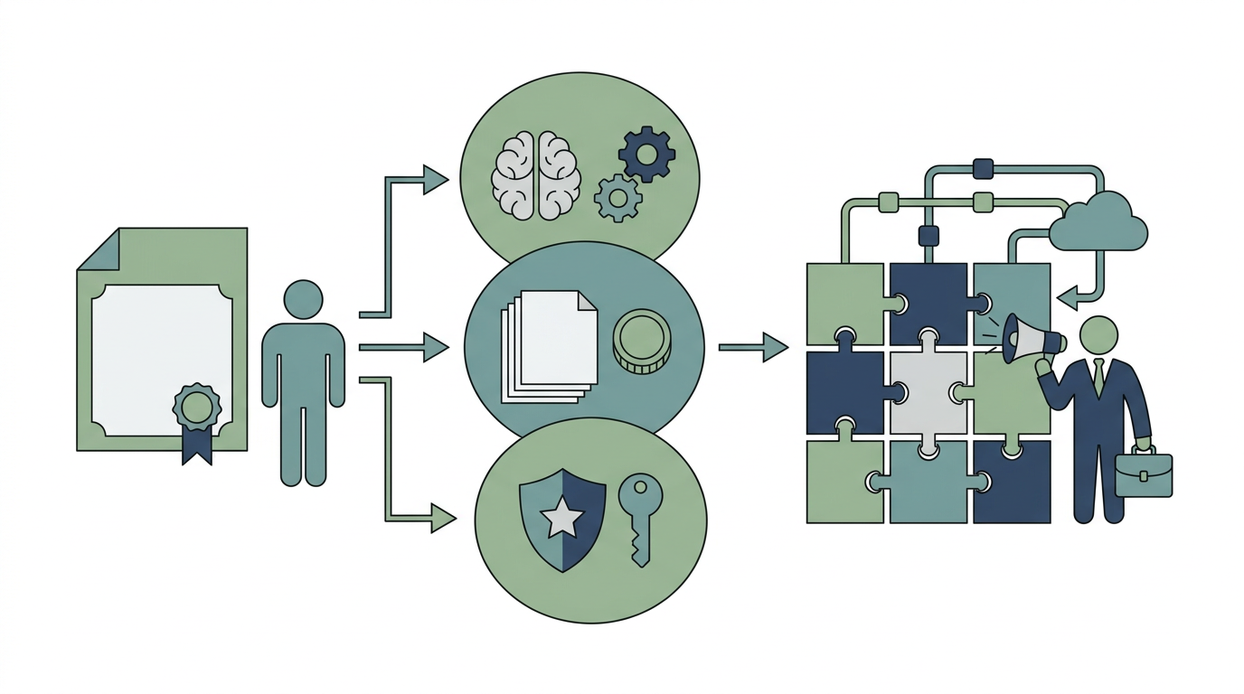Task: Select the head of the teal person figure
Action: (x=303, y=299)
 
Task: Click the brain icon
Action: (x=536, y=175)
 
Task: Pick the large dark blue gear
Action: (x=646, y=154)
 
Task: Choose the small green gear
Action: (x=618, y=198)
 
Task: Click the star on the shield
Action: (x=562, y=519)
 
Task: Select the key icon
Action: (x=640, y=515)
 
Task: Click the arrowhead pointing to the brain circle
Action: (x=436, y=180)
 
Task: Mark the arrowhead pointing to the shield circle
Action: (x=442, y=519)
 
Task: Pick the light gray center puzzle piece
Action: (x=929, y=392)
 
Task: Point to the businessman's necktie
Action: (x=1098, y=376)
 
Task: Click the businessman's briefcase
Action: (x=1144, y=474)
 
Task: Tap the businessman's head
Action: (x=1098, y=335)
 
